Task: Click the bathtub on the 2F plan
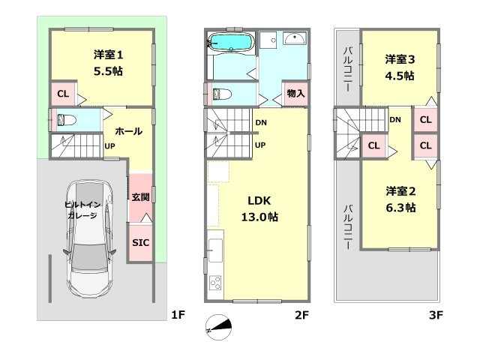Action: click(x=232, y=41)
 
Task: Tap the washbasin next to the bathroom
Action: click(x=295, y=39)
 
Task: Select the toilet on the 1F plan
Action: click(x=64, y=119)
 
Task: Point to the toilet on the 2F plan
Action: click(x=220, y=94)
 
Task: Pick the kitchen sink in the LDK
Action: click(x=214, y=248)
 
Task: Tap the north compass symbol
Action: click(x=219, y=326)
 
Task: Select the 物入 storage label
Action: click(x=295, y=94)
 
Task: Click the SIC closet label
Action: click(x=140, y=243)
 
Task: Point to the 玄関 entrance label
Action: click(x=140, y=198)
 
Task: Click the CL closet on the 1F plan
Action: click(x=63, y=94)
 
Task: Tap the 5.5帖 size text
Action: click(x=109, y=71)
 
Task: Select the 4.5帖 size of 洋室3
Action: click(x=400, y=75)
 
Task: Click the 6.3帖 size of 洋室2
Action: click(x=400, y=208)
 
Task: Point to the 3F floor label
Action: click(x=436, y=316)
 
